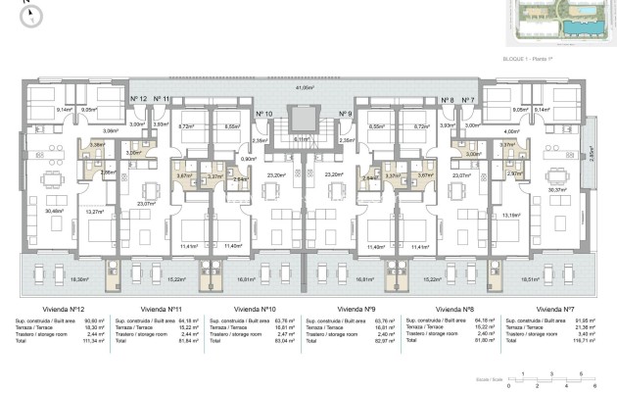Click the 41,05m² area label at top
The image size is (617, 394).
[309, 87]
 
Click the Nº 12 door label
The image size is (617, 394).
[138, 99]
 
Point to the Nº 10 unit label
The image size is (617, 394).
[262, 115]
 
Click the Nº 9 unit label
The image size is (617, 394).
[345, 115]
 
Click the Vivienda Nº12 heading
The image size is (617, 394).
[51, 308]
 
